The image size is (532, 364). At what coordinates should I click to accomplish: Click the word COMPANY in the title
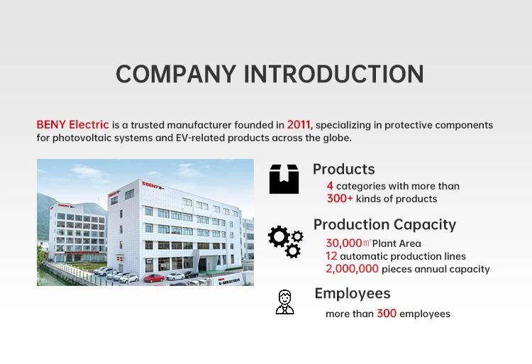click(176, 74)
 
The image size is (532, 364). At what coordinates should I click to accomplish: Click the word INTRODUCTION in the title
click(334, 74)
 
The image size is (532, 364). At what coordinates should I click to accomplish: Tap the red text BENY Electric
click(72, 125)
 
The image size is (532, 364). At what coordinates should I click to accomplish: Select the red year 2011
click(299, 125)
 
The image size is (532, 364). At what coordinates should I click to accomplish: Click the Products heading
click(344, 170)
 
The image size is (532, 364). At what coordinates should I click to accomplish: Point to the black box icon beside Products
click(284, 179)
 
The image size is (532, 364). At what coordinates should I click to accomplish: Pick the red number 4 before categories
click(330, 186)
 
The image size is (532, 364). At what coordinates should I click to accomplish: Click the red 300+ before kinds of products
click(340, 199)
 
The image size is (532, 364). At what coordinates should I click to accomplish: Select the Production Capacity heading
click(384, 225)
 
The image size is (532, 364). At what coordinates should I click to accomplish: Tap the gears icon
click(286, 241)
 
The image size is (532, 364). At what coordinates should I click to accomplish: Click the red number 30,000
click(344, 243)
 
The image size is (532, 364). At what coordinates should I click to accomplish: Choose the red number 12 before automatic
click(331, 256)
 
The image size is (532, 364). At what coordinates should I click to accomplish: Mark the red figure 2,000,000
click(352, 269)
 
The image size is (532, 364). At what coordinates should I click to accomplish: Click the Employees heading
click(353, 294)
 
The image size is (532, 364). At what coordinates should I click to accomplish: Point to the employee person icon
click(284, 302)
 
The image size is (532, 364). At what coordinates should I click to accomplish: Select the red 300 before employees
click(387, 314)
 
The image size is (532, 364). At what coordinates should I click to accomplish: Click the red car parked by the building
click(154, 278)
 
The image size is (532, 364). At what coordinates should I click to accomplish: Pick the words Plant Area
click(397, 243)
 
